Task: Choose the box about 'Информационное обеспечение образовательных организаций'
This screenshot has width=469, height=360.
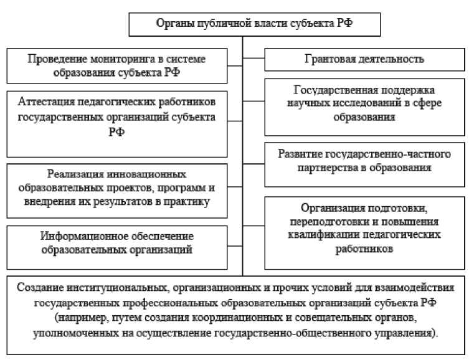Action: [118, 244]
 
